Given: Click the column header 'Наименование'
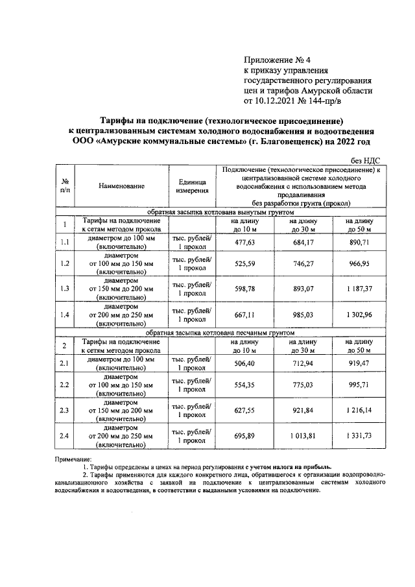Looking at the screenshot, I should pos(121,186).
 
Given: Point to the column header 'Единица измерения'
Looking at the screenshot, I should pos(191,186).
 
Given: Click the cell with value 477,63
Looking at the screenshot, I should pos(244,242).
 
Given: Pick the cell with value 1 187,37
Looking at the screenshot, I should pos(358,288).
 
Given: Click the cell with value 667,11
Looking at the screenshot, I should pos(244,314).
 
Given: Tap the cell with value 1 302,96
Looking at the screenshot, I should pos(358,314).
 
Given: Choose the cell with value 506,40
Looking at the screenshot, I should pos(244,363).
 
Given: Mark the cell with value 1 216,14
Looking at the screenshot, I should pos(358,409).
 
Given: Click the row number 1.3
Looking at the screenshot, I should pos(65,288).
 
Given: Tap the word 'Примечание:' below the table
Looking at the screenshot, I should pos(75,459).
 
